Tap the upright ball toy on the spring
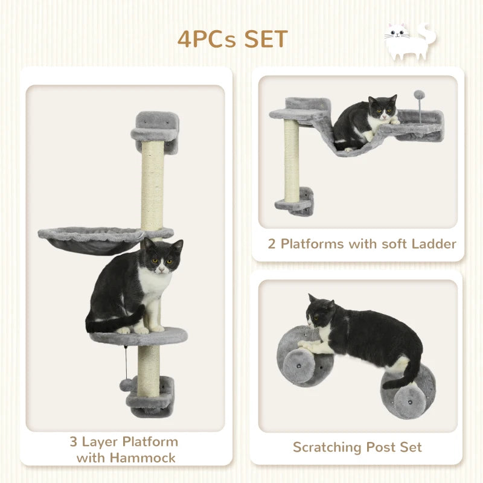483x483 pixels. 418,95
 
